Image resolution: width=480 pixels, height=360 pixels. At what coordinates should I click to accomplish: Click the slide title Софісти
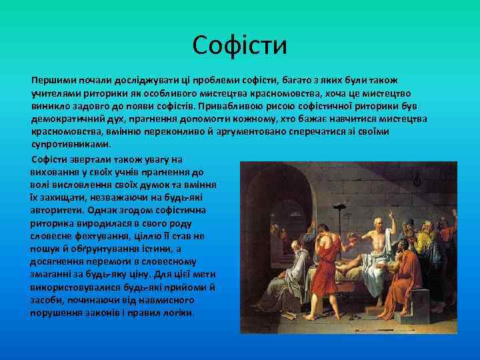click(239, 45)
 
